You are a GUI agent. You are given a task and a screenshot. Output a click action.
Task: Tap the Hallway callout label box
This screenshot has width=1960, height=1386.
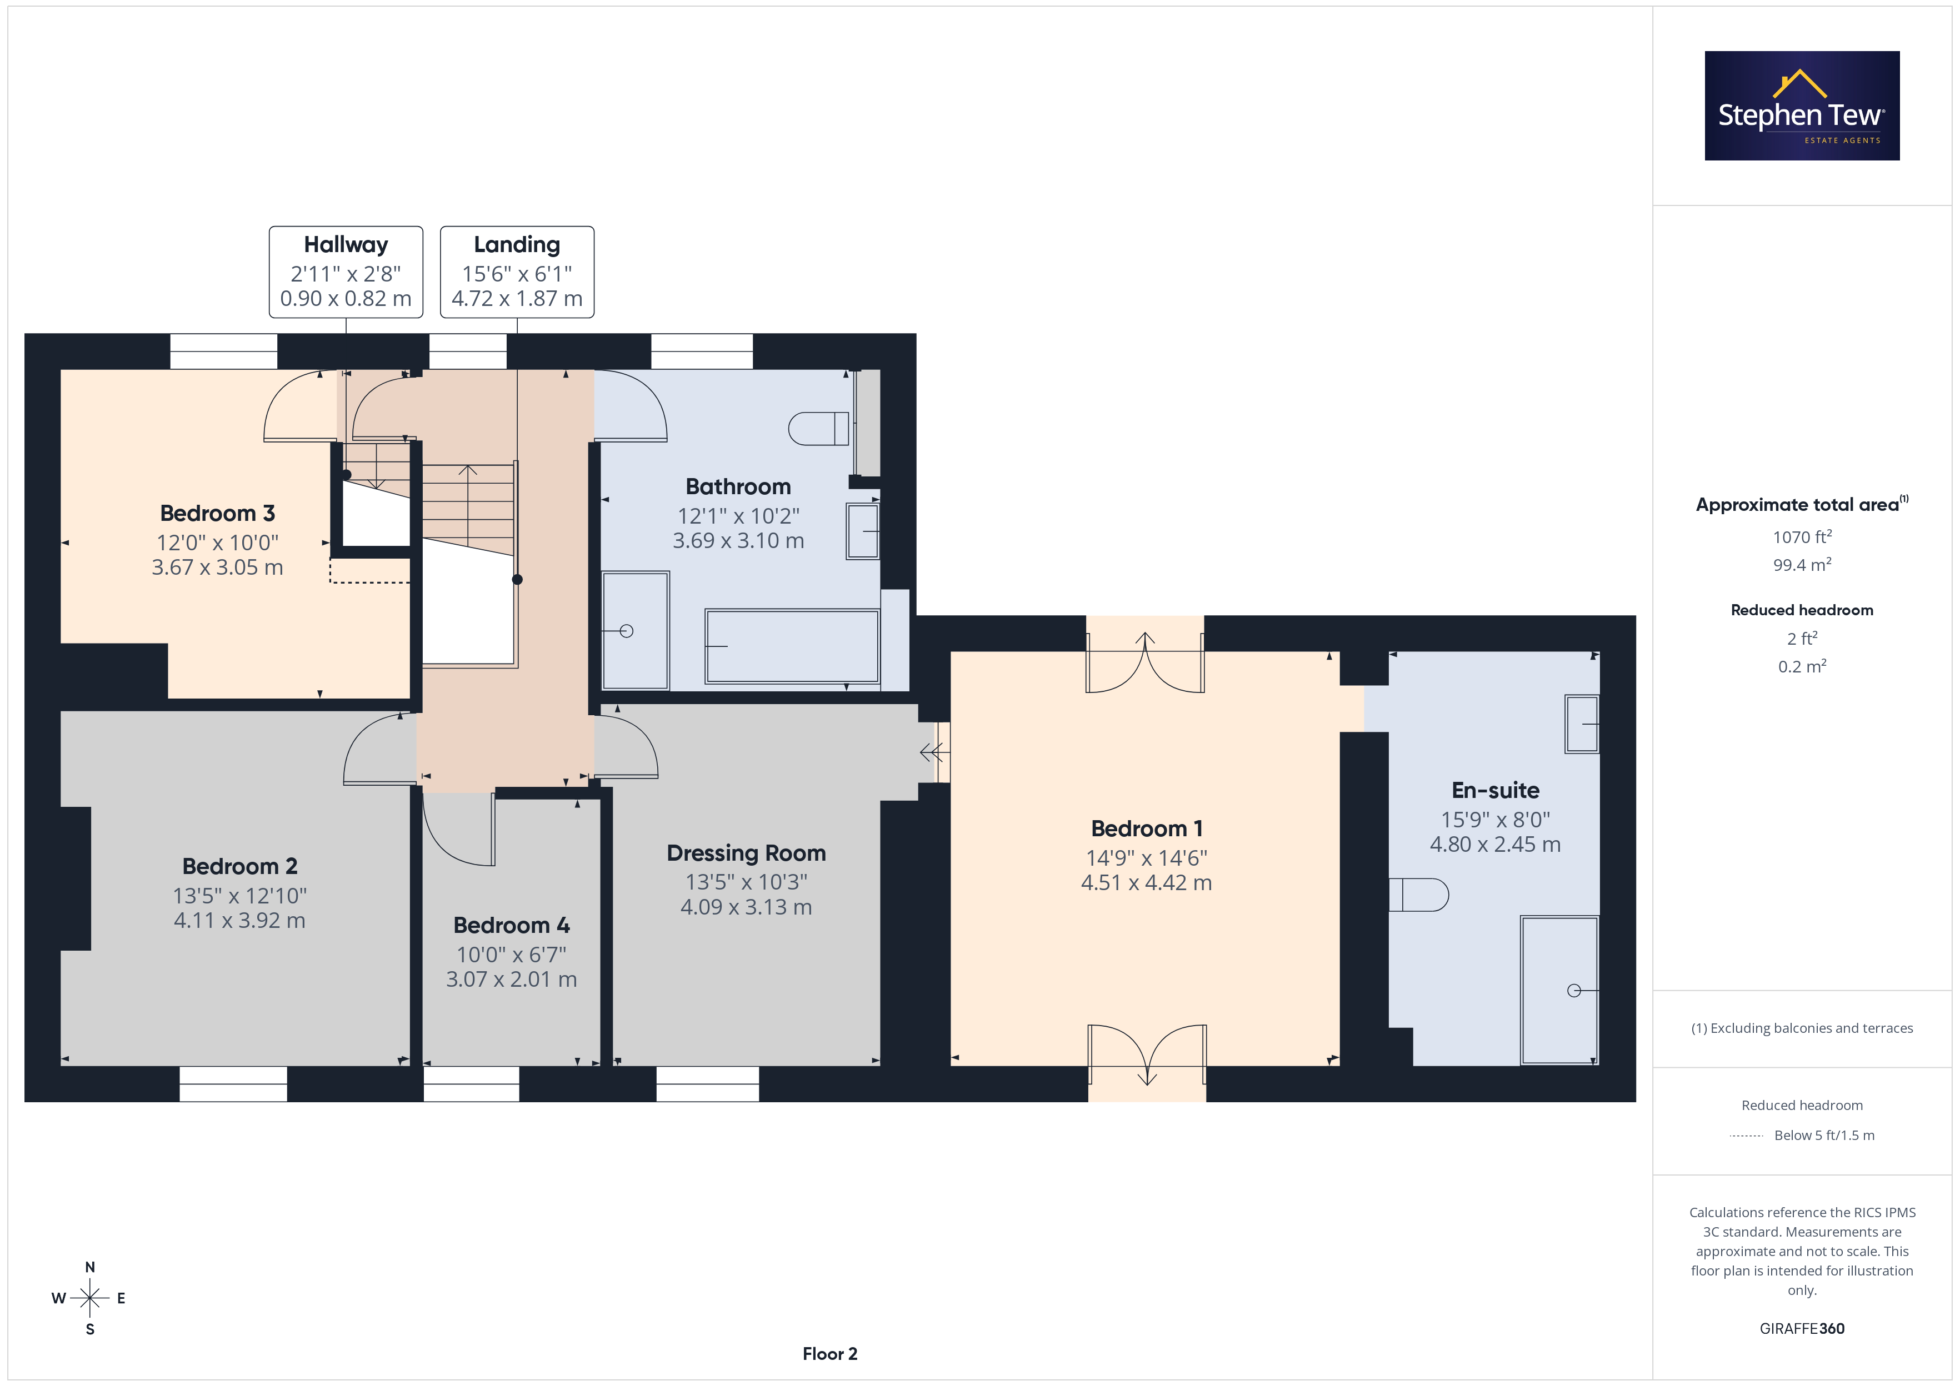tap(346, 272)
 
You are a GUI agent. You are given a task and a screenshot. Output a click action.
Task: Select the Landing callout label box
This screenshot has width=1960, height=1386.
tap(517, 272)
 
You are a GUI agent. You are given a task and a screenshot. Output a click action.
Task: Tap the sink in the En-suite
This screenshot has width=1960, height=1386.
tap(1581, 724)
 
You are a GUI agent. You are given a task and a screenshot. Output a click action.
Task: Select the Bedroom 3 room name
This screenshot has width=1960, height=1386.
tap(218, 513)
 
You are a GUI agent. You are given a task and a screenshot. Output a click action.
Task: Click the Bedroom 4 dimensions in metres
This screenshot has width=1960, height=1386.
tap(511, 979)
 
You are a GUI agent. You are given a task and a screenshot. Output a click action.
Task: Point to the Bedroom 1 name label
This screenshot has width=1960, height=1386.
tap(1147, 828)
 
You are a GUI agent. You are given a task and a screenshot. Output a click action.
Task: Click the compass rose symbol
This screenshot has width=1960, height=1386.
tap(89, 1298)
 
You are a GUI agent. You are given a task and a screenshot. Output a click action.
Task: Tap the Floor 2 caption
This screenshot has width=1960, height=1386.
tap(830, 1354)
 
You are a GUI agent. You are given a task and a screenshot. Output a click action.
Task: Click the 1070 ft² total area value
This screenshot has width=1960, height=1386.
tap(1802, 537)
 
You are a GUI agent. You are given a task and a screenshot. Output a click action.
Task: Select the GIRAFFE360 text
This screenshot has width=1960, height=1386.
tap(1802, 1328)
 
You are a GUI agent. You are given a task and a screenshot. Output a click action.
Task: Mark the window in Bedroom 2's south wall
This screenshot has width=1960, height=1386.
tap(233, 1084)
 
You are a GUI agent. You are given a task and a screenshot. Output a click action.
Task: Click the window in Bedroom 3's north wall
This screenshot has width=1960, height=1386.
tap(224, 351)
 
